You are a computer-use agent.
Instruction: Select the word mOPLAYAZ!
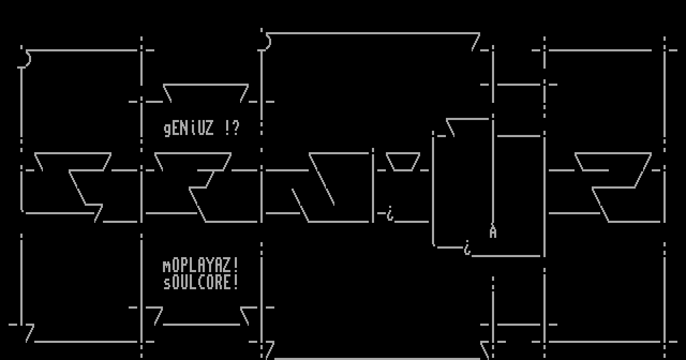(201, 266)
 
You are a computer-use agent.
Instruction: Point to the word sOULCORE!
(201, 282)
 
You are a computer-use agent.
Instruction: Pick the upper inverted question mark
(390, 215)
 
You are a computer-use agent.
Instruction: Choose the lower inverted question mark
(467, 249)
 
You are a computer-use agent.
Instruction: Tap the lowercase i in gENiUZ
(193, 129)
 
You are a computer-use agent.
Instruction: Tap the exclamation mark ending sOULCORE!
(236, 282)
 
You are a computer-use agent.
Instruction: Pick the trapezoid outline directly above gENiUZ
(206, 93)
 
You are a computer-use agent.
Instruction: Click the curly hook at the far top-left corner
(25, 58)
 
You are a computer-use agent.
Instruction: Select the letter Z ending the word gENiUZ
(210, 129)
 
